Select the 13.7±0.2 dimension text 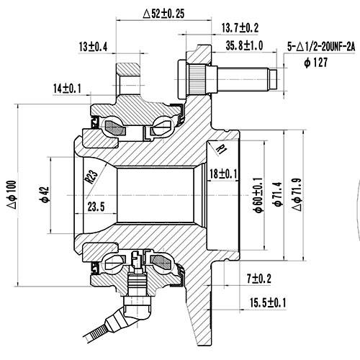240,27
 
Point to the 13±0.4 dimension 93,47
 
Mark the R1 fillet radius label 221,148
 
